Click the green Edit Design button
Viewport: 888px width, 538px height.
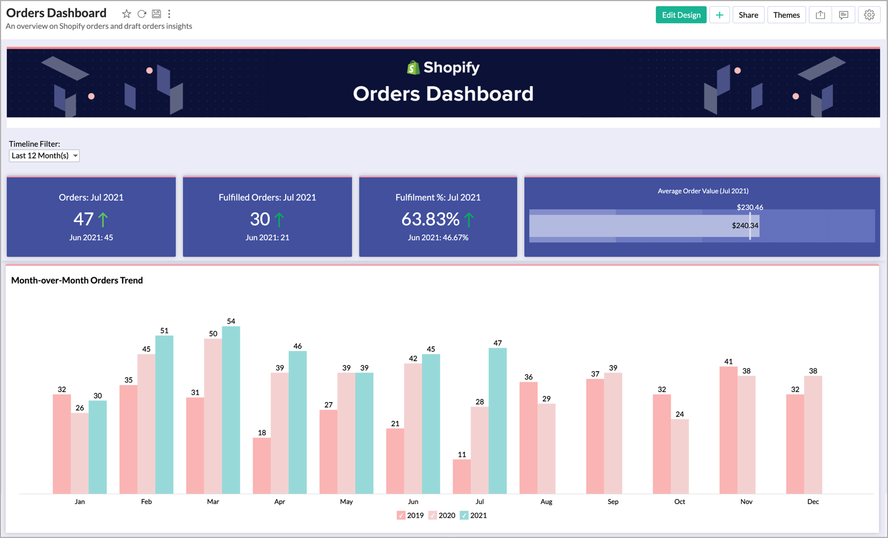click(681, 15)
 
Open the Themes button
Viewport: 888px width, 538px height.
click(786, 15)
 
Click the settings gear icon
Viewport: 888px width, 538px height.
click(869, 15)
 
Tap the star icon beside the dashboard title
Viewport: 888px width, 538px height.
click(127, 14)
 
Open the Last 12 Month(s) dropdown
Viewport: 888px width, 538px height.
click(44, 156)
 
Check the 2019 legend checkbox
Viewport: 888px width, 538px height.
click(401, 515)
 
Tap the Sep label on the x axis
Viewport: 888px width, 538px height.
click(613, 502)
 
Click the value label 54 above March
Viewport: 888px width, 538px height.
click(231, 321)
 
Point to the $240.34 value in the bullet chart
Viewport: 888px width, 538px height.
click(745, 225)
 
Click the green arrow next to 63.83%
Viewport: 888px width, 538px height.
click(469, 220)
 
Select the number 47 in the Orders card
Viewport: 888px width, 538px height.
click(83, 219)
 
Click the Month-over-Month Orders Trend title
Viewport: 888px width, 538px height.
click(77, 280)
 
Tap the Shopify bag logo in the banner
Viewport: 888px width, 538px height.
click(413, 67)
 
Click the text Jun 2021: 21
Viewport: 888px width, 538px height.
click(267, 238)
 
